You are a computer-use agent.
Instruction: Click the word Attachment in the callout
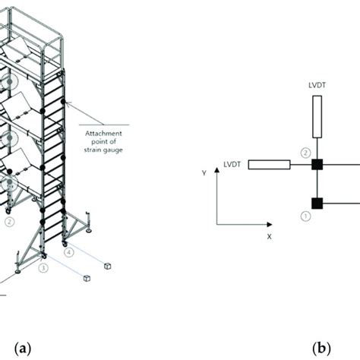click(x=103, y=133)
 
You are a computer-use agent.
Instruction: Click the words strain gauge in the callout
click(x=103, y=150)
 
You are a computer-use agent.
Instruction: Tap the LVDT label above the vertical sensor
click(x=317, y=85)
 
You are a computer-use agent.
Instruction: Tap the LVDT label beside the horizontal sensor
click(x=232, y=165)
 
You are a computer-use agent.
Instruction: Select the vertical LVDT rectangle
click(x=317, y=117)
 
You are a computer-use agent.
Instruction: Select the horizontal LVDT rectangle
click(x=269, y=165)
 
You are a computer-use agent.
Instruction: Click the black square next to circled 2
click(x=317, y=165)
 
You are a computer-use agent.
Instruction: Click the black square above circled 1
click(x=317, y=204)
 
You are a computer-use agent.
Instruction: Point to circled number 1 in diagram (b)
click(x=305, y=216)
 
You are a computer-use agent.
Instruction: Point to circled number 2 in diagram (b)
click(x=305, y=153)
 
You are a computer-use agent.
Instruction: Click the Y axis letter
click(x=204, y=173)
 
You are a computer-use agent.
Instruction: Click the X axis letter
click(x=269, y=237)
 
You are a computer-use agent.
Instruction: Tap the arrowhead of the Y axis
click(x=216, y=169)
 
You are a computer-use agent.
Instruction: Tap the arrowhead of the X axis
click(x=270, y=225)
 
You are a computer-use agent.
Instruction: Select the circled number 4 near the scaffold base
click(x=69, y=252)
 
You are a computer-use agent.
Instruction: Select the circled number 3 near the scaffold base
click(x=43, y=268)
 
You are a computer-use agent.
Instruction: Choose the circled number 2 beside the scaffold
click(x=10, y=222)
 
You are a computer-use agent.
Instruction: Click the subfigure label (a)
click(x=23, y=349)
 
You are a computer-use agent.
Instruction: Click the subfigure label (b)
click(x=321, y=349)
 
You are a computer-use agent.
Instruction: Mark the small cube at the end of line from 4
click(x=108, y=266)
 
